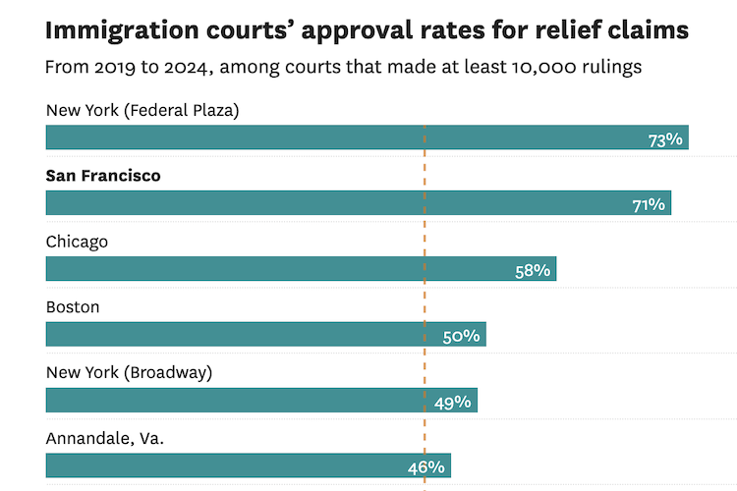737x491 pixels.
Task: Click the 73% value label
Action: [665, 139]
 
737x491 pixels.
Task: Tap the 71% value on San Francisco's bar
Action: [649, 205]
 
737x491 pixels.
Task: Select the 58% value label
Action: [533, 270]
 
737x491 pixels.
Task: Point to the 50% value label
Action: [461, 336]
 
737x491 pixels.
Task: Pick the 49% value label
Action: [453, 402]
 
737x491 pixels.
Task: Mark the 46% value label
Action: [427, 467]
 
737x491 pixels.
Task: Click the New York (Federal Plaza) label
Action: [142, 110]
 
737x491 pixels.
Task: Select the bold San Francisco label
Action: [103, 176]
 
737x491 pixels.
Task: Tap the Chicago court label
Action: [77, 242]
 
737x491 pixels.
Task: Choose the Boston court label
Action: [73, 307]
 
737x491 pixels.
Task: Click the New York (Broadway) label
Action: [129, 372]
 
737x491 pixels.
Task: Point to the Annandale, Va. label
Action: [105, 438]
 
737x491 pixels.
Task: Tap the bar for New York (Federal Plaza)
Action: [344, 137]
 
